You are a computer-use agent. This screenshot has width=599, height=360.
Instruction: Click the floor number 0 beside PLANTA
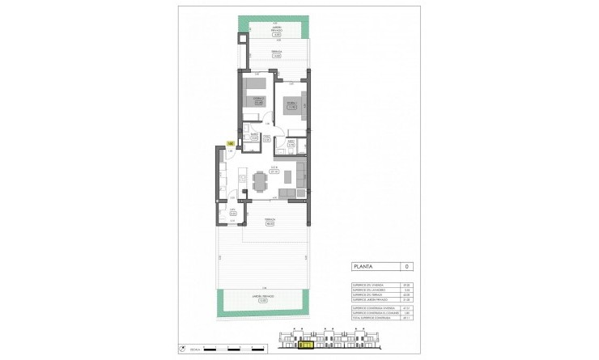pyautogui.click(x=407, y=265)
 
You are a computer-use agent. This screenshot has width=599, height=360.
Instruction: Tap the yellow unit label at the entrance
pyautogui.click(x=231, y=144)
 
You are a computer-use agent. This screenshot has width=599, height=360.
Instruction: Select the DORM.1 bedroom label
pyautogui.click(x=290, y=104)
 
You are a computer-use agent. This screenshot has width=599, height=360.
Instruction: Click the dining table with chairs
pyautogui.click(x=259, y=180)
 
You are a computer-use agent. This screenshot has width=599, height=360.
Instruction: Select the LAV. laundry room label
pyautogui.click(x=232, y=214)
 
